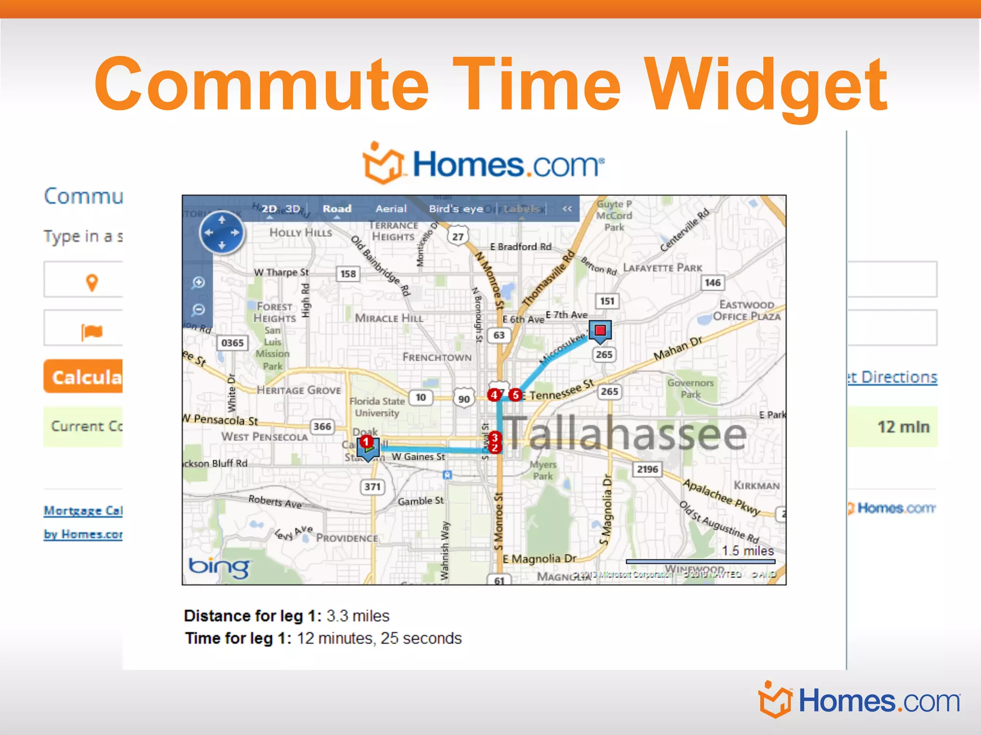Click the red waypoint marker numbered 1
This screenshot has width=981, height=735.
pos(366,441)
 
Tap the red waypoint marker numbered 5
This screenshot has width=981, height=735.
pos(515,395)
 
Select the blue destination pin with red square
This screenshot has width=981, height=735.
pos(600,331)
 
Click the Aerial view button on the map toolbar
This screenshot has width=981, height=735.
pos(391,209)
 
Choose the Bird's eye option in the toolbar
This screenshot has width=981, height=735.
pos(456,209)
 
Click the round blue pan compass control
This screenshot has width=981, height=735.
pos(222,233)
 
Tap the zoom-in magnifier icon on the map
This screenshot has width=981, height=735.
pos(198,283)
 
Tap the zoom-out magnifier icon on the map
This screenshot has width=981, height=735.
pos(198,310)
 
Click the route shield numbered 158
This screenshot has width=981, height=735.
pos(348,274)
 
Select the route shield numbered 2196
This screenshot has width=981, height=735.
pos(647,469)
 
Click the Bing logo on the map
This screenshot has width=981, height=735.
pos(219,567)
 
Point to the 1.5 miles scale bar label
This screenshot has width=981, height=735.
pos(748,551)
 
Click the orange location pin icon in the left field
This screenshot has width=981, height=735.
pos(92,282)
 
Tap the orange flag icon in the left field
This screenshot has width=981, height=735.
pos(92,331)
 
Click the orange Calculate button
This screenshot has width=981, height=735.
pos(84,377)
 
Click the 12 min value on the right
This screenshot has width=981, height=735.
pos(903,427)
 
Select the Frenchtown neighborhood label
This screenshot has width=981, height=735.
pos(437,357)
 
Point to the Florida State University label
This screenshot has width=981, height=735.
pos(377,407)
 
